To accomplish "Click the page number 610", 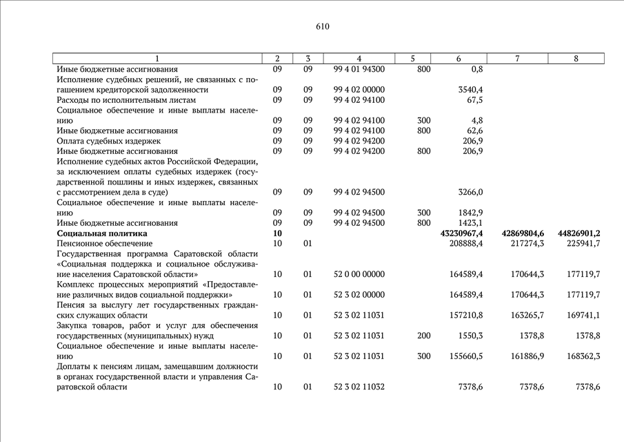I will pyautogui.click(x=323, y=27).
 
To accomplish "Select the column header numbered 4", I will pyautogui.click(x=359, y=59).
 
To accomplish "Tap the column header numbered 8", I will pyautogui.click(x=576, y=59).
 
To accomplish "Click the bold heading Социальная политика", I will pyautogui.click(x=101, y=233).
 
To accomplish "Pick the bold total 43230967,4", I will pyautogui.click(x=461, y=233).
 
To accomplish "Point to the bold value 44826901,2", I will pyautogui.click(x=578, y=233).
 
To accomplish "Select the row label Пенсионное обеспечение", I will pyautogui.click(x=104, y=244).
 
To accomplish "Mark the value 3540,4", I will pyautogui.click(x=470, y=90).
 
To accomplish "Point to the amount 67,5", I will pyautogui.click(x=474, y=100).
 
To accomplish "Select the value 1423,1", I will pyautogui.click(x=470, y=223).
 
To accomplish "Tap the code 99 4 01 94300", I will pyautogui.click(x=359, y=69).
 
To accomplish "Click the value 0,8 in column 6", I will pyautogui.click(x=476, y=69).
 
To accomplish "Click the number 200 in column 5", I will pyautogui.click(x=424, y=336).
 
